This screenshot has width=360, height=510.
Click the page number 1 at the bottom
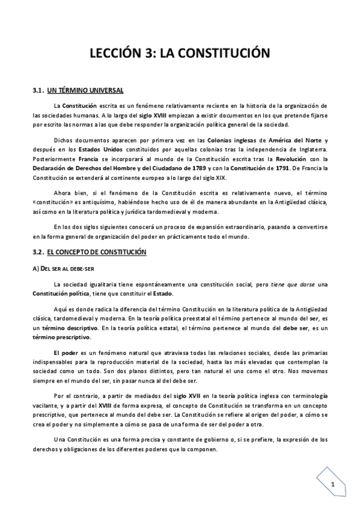coord(332,484)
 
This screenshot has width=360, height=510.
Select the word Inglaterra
coord(308,149)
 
